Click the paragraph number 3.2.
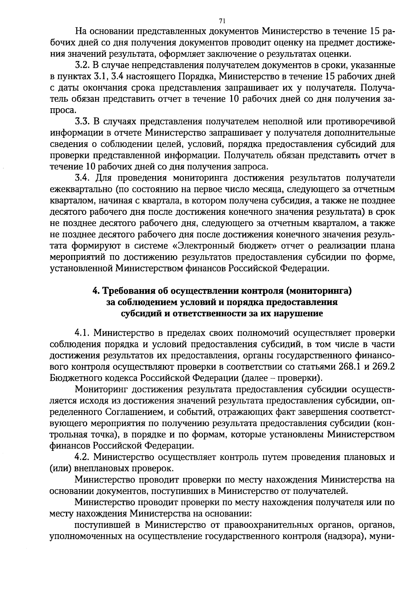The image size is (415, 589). point(82,65)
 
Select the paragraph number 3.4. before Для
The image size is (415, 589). point(82,178)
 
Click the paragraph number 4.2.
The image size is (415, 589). point(82,457)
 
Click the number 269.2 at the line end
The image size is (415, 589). point(382,366)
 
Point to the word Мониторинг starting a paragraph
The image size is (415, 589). point(101,389)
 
